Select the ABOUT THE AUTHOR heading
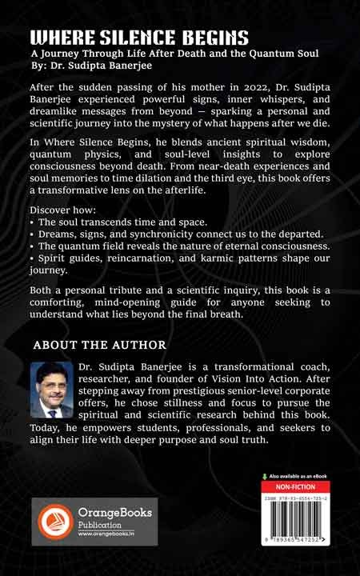[100, 345]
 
